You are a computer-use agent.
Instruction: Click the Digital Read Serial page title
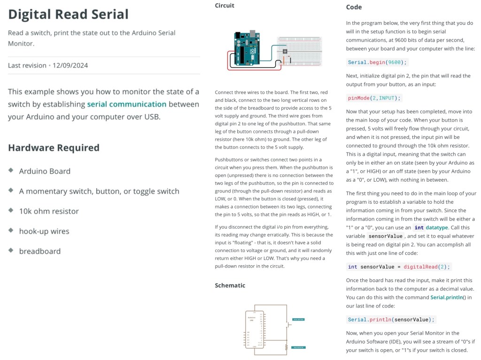click(x=68, y=14)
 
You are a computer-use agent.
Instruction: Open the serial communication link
click(x=127, y=104)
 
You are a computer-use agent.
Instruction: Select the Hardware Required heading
click(x=54, y=148)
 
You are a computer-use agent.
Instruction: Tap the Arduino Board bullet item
click(x=45, y=171)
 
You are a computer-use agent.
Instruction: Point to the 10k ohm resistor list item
click(x=49, y=211)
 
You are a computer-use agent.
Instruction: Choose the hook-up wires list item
click(x=44, y=231)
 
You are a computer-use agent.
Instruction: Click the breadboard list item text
click(x=39, y=251)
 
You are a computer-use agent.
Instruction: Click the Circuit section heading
click(x=225, y=6)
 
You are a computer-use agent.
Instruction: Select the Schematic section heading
click(x=230, y=285)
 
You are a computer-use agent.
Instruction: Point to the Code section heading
click(x=354, y=7)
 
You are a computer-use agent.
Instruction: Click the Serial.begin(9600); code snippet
click(x=378, y=62)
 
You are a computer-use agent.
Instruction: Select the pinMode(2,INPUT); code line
click(x=374, y=98)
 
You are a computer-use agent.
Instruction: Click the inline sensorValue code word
click(x=385, y=236)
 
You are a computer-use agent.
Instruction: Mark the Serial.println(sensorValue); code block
click(x=391, y=320)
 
